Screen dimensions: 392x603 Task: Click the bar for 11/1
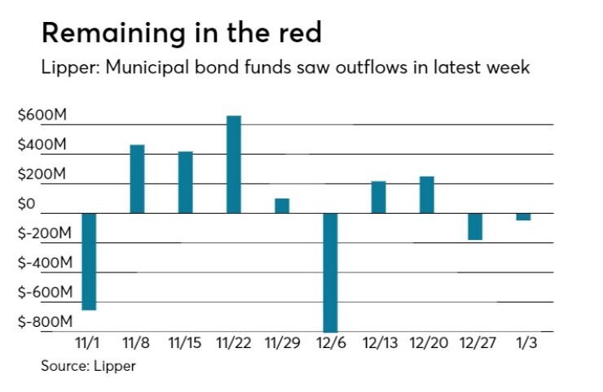tap(90, 261)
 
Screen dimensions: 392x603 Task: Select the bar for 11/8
tap(138, 179)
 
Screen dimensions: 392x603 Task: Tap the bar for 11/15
tap(186, 182)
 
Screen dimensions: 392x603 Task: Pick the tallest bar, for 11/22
tap(234, 164)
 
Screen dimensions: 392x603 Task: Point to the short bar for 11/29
tap(282, 205)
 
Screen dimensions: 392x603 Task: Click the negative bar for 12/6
tap(330, 272)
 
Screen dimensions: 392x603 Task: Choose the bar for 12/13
tap(378, 197)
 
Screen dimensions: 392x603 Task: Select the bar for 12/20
tap(426, 194)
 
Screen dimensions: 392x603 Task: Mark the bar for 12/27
tap(475, 226)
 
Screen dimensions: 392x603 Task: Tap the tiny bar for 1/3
tap(523, 216)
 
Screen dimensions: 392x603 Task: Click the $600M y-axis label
tap(42, 115)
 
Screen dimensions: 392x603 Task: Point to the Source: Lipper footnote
tap(89, 366)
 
